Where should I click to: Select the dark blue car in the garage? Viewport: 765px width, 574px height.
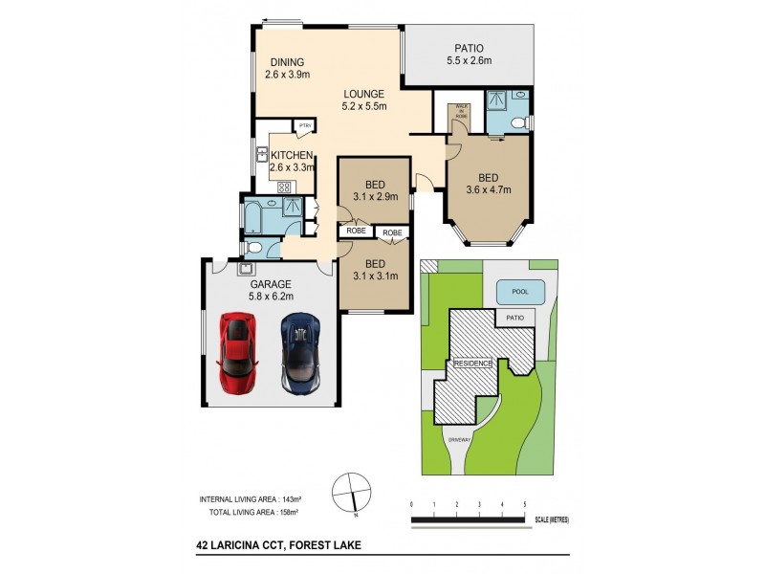click(x=299, y=351)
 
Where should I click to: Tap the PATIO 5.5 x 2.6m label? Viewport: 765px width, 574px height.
click(x=469, y=55)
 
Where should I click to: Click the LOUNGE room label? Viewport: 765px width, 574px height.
click(x=364, y=100)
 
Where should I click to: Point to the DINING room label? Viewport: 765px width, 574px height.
click(x=286, y=69)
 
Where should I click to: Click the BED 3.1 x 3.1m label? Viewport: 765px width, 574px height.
click(x=375, y=270)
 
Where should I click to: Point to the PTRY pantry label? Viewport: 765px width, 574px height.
click(x=304, y=125)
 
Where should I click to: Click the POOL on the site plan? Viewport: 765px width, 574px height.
click(x=521, y=292)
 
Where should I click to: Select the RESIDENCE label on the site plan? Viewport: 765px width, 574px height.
click(x=471, y=364)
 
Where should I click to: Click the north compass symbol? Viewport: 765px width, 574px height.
click(x=351, y=493)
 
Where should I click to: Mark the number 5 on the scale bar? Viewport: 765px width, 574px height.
click(x=524, y=503)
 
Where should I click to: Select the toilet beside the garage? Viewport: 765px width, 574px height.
click(x=254, y=248)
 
